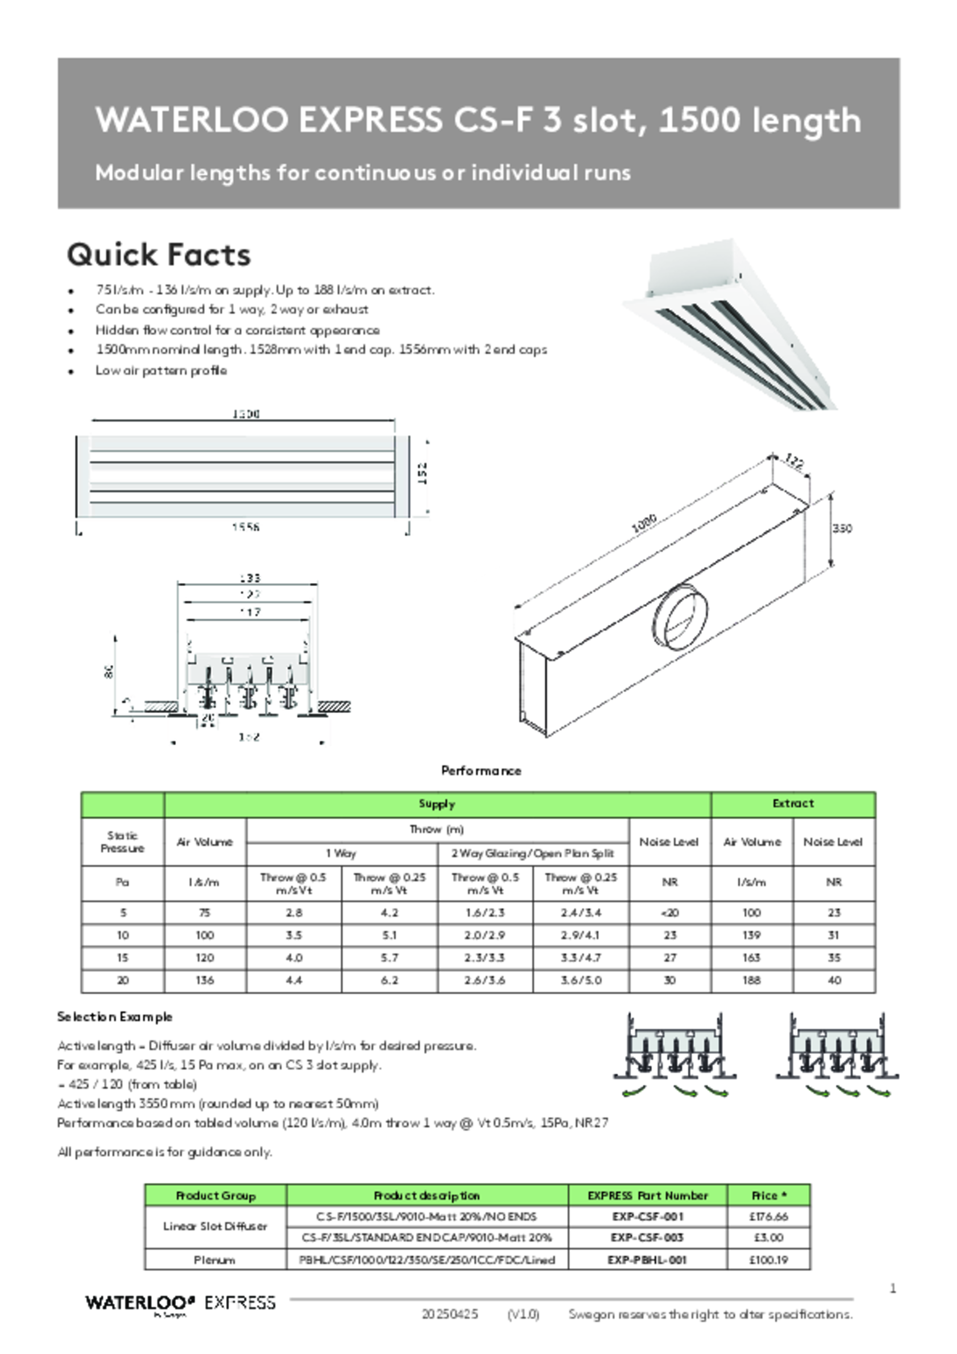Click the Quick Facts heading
tap(159, 254)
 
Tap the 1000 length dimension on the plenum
tap(644, 523)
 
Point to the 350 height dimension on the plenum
tap(841, 529)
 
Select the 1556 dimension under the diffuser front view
tap(245, 527)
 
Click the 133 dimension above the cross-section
tap(249, 578)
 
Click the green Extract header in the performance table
tap(793, 803)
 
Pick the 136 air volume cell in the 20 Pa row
tap(205, 980)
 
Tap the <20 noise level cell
tap(669, 913)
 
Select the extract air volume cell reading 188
tap(751, 980)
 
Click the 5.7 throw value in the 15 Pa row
tap(389, 957)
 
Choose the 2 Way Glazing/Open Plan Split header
tap(532, 853)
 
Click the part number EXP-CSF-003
tap(647, 1237)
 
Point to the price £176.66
tap(769, 1216)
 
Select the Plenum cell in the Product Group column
tap(215, 1260)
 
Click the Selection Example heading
tap(115, 1017)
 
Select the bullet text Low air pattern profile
tap(161, 370)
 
